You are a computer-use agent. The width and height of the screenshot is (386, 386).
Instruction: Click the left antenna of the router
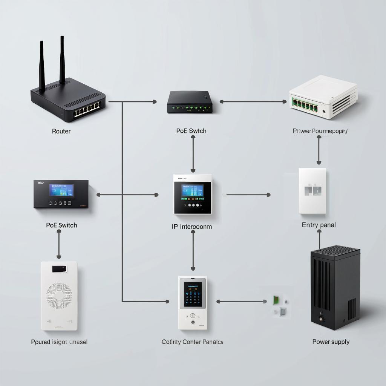click(42, 66)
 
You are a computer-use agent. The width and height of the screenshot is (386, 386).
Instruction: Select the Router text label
click(61, 131)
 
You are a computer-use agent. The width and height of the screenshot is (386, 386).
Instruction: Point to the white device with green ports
click(323, 97)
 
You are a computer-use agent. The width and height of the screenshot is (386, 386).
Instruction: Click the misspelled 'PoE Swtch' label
click(191, 131)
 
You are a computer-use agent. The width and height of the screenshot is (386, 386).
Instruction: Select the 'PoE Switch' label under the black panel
click(61, 225)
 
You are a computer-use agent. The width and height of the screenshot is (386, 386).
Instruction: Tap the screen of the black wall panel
click(61, 190)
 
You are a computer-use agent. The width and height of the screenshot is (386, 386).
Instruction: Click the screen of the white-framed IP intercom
click(193, 191)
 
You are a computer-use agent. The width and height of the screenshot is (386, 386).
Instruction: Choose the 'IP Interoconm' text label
click(191, 227)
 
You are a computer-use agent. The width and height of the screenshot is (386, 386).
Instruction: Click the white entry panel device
click(312, 191)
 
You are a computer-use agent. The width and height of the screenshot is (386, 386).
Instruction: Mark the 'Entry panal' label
click(319, 225)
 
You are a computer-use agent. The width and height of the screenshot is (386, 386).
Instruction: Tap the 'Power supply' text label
click(331, 342)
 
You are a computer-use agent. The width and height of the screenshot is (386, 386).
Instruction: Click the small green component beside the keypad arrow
click(276, 300)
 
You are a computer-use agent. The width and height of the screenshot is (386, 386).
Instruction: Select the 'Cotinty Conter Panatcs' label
click(192, 342)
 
